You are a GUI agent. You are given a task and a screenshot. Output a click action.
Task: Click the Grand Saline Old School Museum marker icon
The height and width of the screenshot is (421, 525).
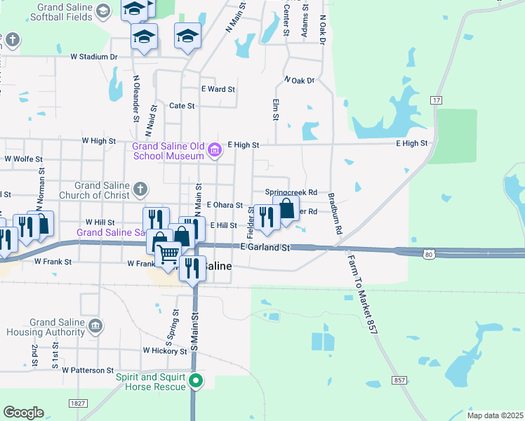coord(215,148)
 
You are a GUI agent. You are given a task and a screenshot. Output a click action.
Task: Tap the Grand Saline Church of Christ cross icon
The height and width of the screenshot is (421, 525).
coord(140,188)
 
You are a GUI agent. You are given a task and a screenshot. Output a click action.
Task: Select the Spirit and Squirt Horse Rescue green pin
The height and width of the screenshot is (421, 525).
coord(197,382)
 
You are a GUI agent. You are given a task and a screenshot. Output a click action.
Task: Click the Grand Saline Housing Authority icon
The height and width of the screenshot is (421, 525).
coord(95,326)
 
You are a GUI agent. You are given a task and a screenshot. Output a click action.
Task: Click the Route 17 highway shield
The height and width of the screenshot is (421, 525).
coord(437,100)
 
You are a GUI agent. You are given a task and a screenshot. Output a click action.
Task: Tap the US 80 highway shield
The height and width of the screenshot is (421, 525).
coord(429,254)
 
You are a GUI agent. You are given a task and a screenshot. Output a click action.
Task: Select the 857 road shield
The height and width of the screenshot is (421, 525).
coord(399,380)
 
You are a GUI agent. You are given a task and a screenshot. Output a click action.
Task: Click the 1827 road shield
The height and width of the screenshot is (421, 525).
coord(77,403)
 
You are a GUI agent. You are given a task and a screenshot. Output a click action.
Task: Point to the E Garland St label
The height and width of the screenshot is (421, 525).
coord(265,248)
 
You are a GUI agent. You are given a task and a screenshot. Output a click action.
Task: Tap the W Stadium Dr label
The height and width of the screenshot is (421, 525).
coord(93,57)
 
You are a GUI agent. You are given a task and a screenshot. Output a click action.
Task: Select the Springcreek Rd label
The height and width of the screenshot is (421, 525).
coord(291,192)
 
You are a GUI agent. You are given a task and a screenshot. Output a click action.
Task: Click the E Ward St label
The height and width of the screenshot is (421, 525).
coord(218,89)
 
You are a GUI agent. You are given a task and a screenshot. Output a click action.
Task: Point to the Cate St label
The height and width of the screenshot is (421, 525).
coord(182,105)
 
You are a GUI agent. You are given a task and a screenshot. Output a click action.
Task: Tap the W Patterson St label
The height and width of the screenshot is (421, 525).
coord(88,370)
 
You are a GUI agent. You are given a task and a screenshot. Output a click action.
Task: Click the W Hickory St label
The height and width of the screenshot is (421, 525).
coord(165,349)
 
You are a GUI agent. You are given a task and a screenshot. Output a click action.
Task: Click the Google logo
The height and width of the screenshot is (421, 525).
coord(23,412)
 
